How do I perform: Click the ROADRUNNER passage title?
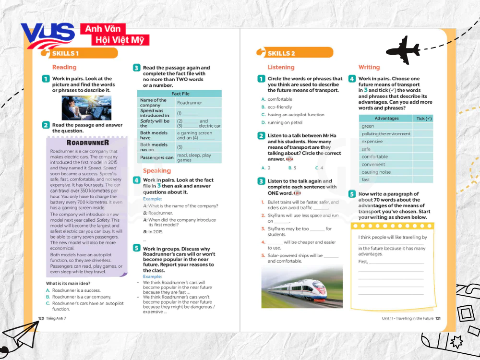tap(87, 143)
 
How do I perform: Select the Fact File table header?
tap(180, 94)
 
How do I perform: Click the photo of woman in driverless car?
tap(87, 108)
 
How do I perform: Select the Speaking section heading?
tap(156, 170)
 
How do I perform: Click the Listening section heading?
tap(281, 67)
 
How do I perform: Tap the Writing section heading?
tap(369, 67)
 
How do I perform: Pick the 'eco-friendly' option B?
tap(279, 107)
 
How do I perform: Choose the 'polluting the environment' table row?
tap(386, 134)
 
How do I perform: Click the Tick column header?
tap(424, 119)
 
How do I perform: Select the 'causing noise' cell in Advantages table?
tap(376, 172)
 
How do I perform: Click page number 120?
tap(41, 318)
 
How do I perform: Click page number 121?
tap(438, 318)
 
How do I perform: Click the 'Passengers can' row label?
tap(156, 157)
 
